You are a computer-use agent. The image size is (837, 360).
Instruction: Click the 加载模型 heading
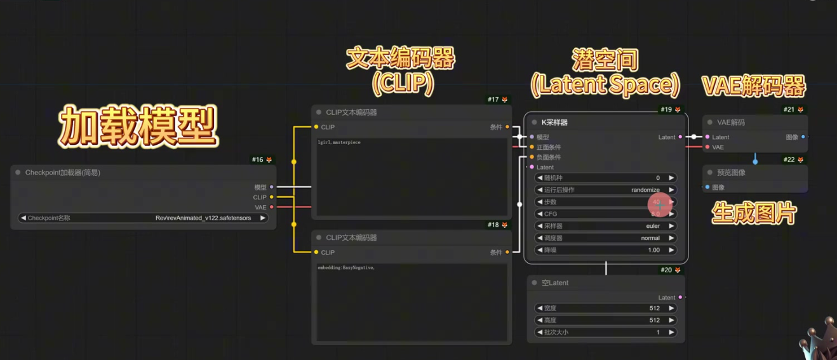(x=138, y=126)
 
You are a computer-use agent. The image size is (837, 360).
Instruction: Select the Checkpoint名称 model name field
(x=143, y=218)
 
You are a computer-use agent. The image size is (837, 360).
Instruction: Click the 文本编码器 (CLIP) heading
(x=401, y=70)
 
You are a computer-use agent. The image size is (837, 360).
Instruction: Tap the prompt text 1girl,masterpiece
(x=339, y=142)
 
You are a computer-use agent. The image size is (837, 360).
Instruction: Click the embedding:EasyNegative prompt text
(x=346, y=268)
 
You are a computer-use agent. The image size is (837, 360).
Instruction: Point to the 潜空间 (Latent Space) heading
(x=605, y=72)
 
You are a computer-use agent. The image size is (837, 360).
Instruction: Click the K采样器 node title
(x=554, y=123)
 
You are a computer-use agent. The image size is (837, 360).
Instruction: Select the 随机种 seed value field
(x=605, y=178)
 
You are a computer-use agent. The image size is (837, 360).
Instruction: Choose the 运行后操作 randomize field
(x=605, y=190)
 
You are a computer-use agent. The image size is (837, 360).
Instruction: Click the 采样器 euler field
(x=605, y=226)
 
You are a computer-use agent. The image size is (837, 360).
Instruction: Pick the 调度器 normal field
(x=605, y=238)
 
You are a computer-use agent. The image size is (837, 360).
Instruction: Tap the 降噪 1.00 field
(x=605, y=250)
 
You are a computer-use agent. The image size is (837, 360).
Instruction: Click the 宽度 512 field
(x=605, y=308)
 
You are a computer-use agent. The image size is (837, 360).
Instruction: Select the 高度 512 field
(x=605, y=320)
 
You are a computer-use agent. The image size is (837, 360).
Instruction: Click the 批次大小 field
(x=605, y=332)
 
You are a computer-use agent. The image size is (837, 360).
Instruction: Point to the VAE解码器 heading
(x=753, y=86)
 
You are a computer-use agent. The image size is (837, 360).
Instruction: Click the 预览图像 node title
(x=731, y=173)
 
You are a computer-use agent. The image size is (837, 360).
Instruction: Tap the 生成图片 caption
(x=754, y=213)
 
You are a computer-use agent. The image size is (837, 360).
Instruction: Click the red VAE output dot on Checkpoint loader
(x=272, y=207)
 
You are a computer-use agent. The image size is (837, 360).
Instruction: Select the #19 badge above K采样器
(x=666, y=110)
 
